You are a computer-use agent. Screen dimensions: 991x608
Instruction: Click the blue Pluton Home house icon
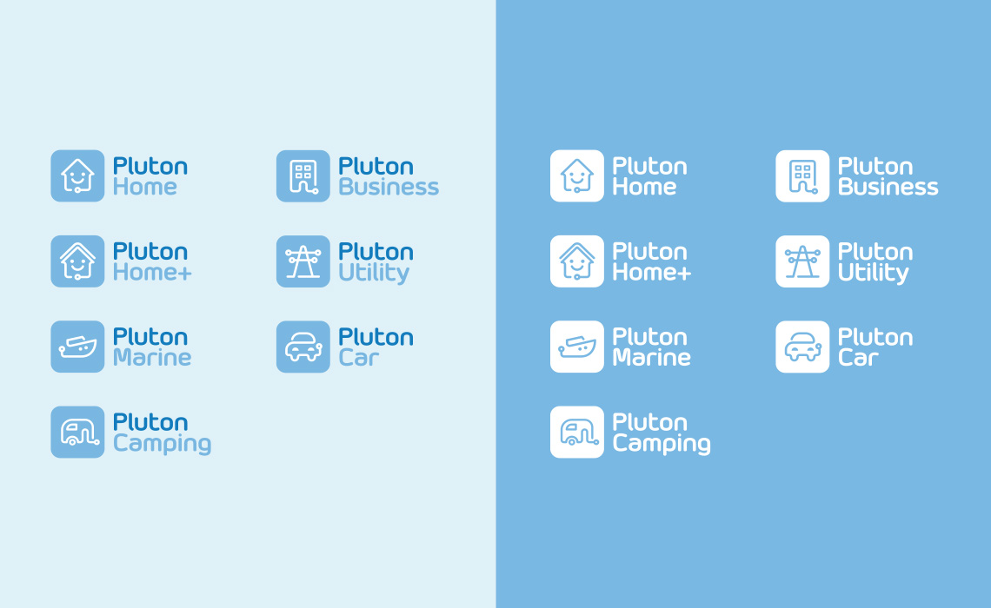click(x=77, y=176)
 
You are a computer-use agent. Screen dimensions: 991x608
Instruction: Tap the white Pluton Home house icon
click(x=577, y=176)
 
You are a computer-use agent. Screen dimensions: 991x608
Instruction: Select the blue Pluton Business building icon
click(x=303, y=176)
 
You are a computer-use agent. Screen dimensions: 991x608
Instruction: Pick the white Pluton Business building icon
click(x=802, y=176)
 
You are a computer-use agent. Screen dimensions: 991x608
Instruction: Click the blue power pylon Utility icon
click(x=303, y=261)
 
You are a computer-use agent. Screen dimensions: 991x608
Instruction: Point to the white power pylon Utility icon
click(x=802, y=261)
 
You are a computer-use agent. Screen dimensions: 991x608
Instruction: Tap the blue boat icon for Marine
click(x=77, y=347)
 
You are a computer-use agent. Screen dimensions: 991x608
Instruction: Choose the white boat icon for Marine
click(x=577, y=347)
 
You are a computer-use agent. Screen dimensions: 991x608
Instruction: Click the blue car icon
click(x=303, y=347)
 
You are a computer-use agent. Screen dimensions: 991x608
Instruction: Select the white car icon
click(x=802, y=347)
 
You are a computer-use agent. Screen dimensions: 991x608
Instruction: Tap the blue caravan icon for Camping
click(x=77, y=432)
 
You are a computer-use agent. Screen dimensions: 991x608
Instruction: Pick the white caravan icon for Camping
click(x=577, y=432)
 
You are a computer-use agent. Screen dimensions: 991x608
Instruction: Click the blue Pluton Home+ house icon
click(x=77, y=261)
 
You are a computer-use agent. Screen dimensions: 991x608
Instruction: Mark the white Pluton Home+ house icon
click(x=577, y=261)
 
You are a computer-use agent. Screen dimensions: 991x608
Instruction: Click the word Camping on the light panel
click(x=162, y=444)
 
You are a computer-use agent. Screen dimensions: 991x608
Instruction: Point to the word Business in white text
click(x=888, y=187)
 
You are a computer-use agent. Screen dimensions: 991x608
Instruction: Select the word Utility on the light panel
click(x=374, y=274)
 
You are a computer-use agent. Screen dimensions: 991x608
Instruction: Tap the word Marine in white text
click(x=652, y=357)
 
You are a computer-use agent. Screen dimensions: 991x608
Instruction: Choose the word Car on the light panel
click(x=358, y=357)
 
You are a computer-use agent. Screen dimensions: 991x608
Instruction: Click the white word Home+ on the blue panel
click(x=652, y=272)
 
